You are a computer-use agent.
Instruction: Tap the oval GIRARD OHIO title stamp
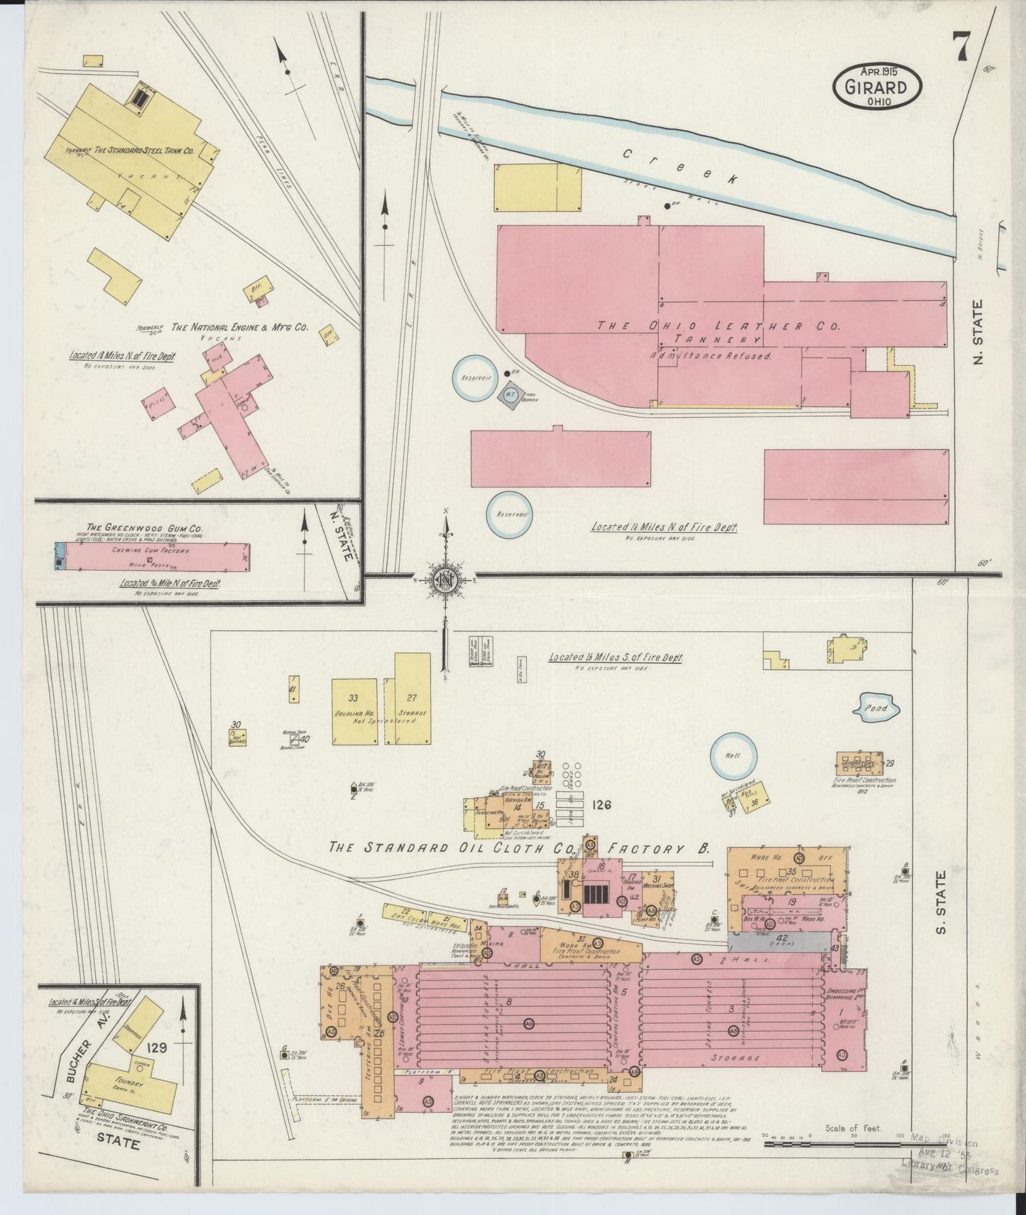click(878, 86)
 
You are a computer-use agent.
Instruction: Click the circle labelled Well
click(733, 755)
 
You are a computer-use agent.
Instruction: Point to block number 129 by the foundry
click(156, 1047)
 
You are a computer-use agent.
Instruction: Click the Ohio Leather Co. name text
click(717, 326)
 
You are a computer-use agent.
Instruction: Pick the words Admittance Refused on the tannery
click(710, 355)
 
